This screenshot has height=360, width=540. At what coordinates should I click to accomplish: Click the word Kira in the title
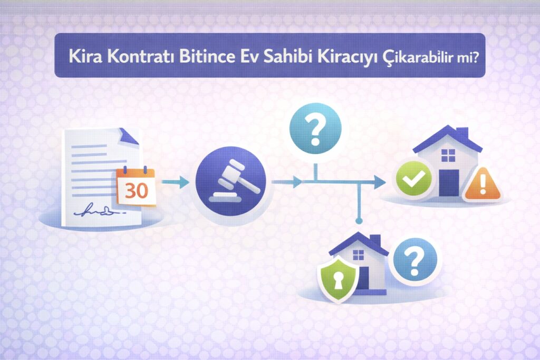click(83, 56)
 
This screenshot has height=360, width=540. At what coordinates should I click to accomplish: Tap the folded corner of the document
click(128, 136)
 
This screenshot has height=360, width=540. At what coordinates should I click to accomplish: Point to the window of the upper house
click(448, 155)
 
